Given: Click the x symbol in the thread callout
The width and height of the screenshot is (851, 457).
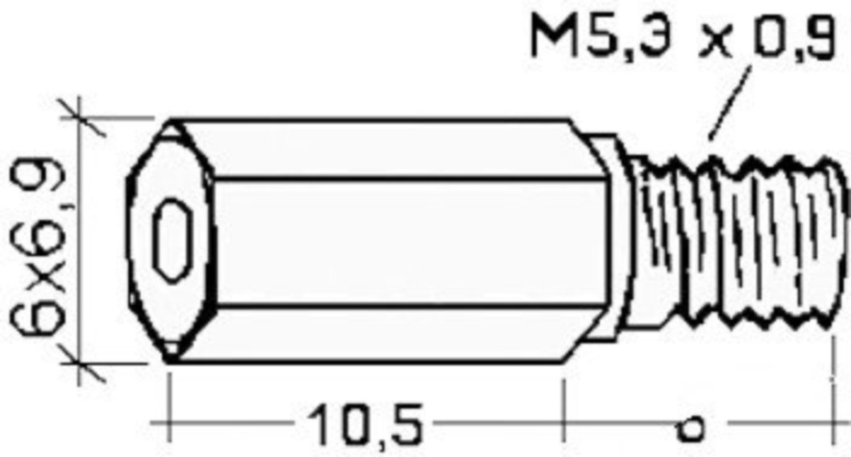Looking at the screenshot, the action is (714, 42).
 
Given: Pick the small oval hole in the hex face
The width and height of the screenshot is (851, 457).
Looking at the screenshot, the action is (173, 240).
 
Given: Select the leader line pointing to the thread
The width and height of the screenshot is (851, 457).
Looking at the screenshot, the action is (730, 102).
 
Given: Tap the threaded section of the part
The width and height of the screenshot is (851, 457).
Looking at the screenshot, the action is (735, 242).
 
